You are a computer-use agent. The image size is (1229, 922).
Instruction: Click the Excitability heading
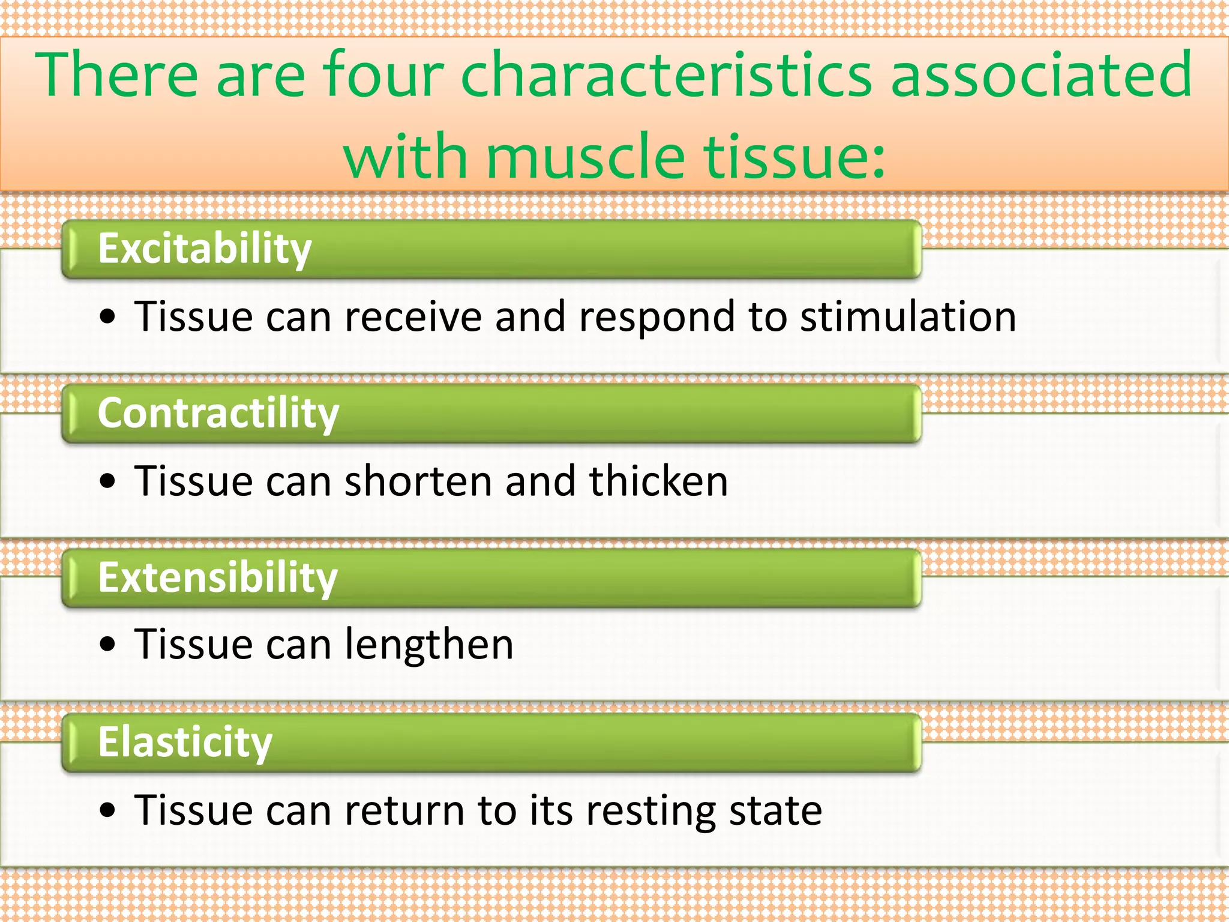point(205,249)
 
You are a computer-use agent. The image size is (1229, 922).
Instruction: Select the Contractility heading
point(218,414)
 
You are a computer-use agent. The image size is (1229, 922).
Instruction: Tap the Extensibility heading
point(218,578)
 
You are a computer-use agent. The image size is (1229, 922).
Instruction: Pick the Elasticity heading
point(185,743)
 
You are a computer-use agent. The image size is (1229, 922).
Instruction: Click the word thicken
point(658,481)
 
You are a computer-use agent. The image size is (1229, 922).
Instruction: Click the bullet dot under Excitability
point(108,317)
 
